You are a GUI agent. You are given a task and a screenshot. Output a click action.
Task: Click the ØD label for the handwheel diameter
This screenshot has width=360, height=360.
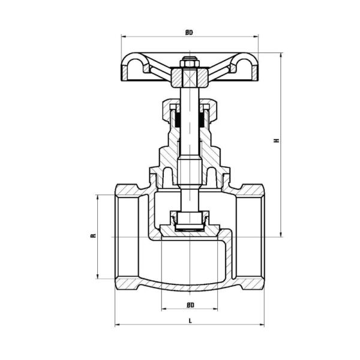point(190,32)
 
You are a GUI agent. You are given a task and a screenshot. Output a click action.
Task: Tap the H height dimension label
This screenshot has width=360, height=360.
point(277,140)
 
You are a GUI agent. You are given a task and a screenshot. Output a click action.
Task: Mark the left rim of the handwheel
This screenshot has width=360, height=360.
point(131,66)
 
